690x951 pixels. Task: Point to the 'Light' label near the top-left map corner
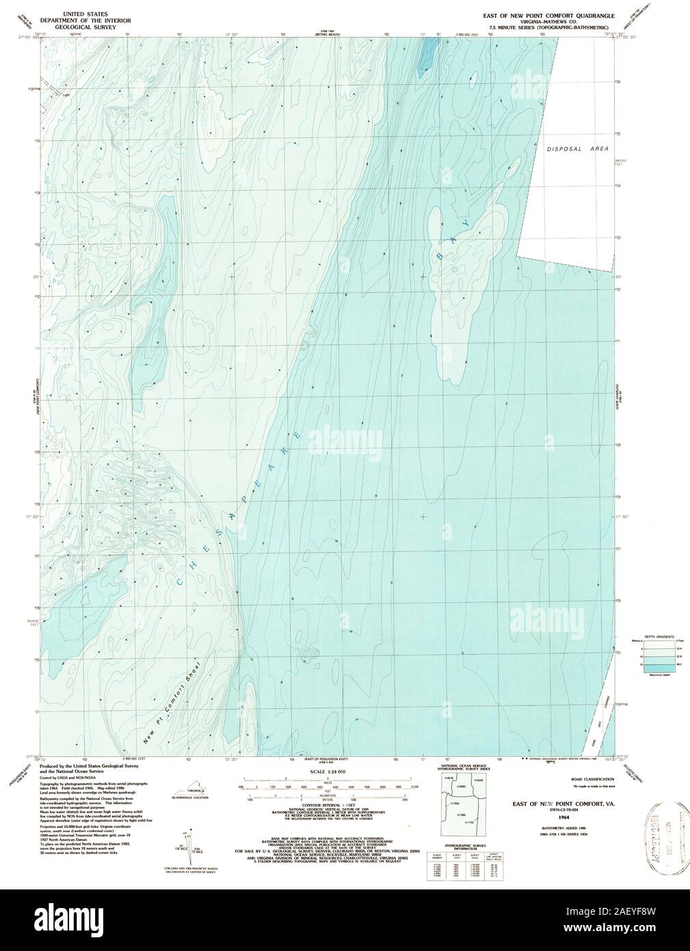tap(66, 96)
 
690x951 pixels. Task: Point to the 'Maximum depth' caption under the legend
tap(661, 675)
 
